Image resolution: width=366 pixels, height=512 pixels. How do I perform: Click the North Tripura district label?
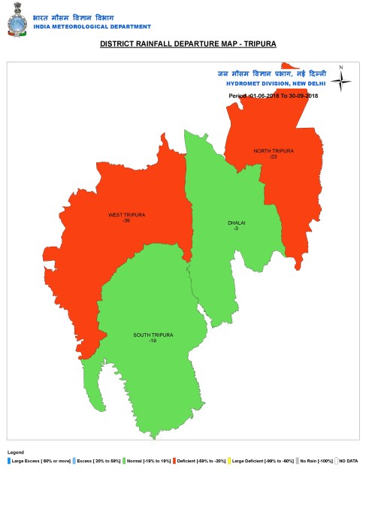274,151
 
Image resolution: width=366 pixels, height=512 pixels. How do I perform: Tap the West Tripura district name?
126,215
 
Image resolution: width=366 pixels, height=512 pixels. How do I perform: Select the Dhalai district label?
237,223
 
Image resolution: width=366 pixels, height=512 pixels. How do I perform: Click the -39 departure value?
126,220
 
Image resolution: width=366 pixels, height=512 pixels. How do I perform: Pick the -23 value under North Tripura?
274,156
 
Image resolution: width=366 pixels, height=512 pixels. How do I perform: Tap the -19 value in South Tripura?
153,341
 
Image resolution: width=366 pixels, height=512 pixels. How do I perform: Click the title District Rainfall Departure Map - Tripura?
188,44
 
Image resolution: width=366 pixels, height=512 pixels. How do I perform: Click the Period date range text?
273,97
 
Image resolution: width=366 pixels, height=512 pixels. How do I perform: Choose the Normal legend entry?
146,460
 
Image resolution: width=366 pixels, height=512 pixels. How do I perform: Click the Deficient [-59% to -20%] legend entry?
201,460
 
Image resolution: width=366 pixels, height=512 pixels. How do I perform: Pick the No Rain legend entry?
315,460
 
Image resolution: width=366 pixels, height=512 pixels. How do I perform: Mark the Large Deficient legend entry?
260,460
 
